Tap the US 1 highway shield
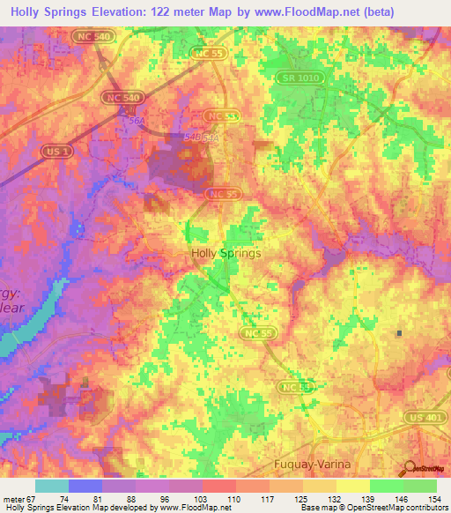pos(55,152)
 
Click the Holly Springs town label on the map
pos(225,253)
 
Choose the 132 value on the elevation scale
pos(336,500)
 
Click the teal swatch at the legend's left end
pos(52,486)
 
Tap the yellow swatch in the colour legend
pos(353,486)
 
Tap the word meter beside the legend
pos(14,500)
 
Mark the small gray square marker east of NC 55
pos(399,333)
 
